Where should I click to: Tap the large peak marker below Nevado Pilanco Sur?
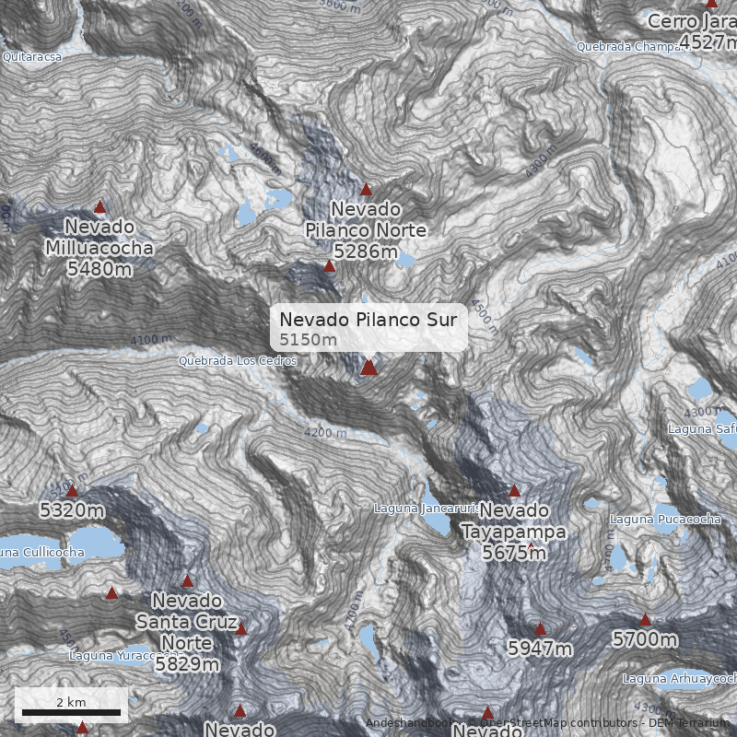point(368,368)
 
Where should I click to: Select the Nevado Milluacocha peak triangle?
point(99,207)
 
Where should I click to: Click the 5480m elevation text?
point(99,269)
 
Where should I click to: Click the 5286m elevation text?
point(366,251)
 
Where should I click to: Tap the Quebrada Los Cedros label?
point(238,361)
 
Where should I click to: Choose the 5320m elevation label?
point(72,509)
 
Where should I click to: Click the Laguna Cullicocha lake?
point(92,544)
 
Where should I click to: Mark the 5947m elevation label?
point(540,649)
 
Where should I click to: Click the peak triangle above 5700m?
point(645,620)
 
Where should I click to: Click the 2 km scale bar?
point(72,712)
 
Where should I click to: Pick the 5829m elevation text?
point(187,663)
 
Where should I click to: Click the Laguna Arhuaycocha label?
point(679,679)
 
